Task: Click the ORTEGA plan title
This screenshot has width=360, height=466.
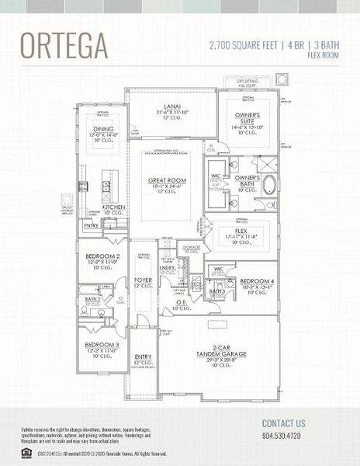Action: point(64,46)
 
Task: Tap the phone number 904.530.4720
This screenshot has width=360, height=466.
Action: point(283,436)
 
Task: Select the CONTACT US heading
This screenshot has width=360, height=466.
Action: point(283,423)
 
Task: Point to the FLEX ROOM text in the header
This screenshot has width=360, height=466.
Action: point(324,55)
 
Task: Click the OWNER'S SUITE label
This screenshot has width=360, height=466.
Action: point(248,122)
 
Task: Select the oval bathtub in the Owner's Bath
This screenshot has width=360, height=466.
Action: point(269,185)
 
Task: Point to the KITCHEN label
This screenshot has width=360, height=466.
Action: point(113,207)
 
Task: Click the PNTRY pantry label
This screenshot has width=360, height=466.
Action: point(91,226)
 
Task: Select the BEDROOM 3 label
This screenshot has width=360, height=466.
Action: point(102,344)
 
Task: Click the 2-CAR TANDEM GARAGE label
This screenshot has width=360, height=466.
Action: point(220,350)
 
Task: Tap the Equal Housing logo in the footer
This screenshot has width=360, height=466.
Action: point(27,453)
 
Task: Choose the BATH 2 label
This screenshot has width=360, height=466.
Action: point(93,298)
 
